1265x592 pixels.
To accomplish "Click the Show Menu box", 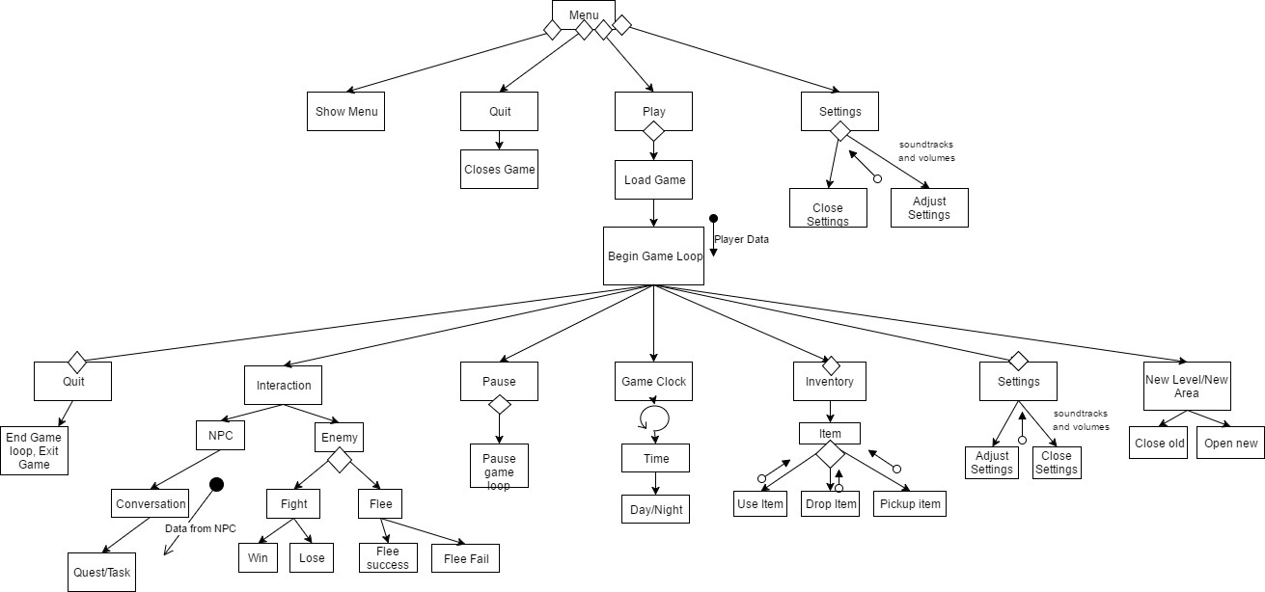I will pos(346,111).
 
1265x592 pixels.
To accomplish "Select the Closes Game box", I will pos(499,169).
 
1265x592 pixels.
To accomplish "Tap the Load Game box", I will pos(654,179).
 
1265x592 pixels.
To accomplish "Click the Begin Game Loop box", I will pos(654,256).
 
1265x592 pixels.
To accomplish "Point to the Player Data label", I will pos(741,239).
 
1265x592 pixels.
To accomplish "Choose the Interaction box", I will pos(284,385).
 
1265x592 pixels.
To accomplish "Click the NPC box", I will pos(220,436).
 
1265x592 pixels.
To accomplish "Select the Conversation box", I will pos(151,503).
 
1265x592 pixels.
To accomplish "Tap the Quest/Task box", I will pos(102,572).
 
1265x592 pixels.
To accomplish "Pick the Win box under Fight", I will pos(258,558).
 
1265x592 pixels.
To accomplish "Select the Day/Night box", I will pos(654,508).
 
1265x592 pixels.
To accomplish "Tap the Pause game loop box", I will pos(499,466).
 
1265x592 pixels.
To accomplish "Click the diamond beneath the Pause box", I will pos(499,405).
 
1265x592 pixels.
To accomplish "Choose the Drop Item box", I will pos(831,504).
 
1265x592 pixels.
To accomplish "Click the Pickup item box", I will pos(909,504).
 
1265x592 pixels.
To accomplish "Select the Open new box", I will pos(1230,443).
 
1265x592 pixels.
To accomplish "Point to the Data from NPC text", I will pos(201,528).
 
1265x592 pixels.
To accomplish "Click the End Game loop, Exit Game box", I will pos(34,450).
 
